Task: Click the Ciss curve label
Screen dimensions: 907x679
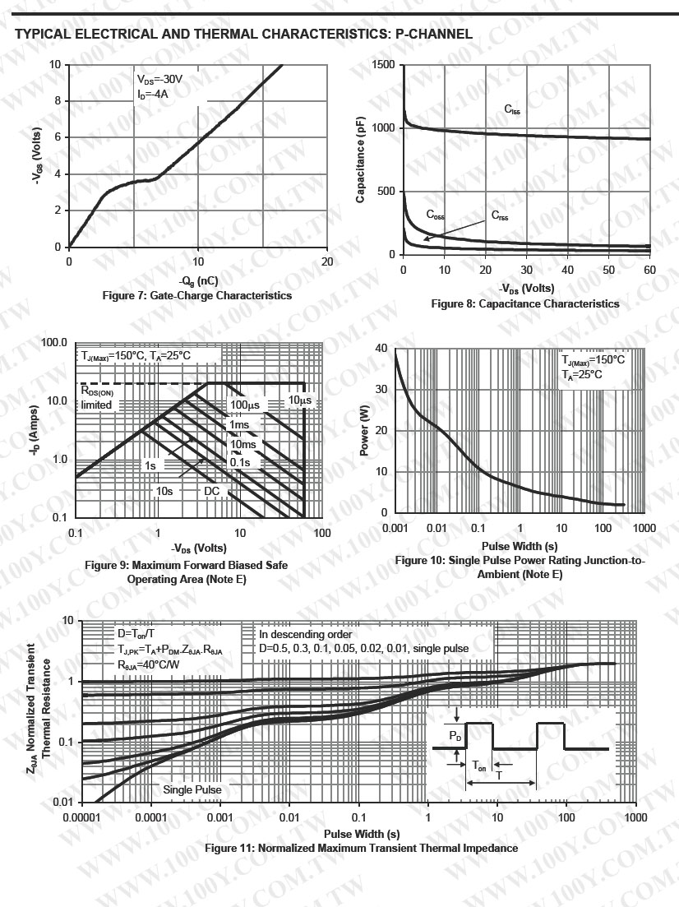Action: click(512, 109)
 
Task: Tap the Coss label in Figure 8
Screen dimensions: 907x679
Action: click(435, 215)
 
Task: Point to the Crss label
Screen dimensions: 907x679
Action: click(500, 215)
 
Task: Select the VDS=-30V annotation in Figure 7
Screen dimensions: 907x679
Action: click(159, 80)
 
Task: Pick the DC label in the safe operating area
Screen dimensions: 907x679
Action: click(212, 491)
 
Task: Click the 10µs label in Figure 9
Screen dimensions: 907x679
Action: click(299, 400)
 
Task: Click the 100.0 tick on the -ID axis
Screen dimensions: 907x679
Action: click(53, 342)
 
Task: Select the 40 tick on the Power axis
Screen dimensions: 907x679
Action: click(380, 348)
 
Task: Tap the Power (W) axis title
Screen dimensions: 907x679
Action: click(364, 432)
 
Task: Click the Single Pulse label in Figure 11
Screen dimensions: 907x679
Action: click(192, 789)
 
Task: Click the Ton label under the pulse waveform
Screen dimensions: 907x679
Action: click(478, 764)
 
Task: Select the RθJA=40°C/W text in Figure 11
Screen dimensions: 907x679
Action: click(148, 664)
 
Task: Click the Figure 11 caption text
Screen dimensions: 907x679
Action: click(361, 848)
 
